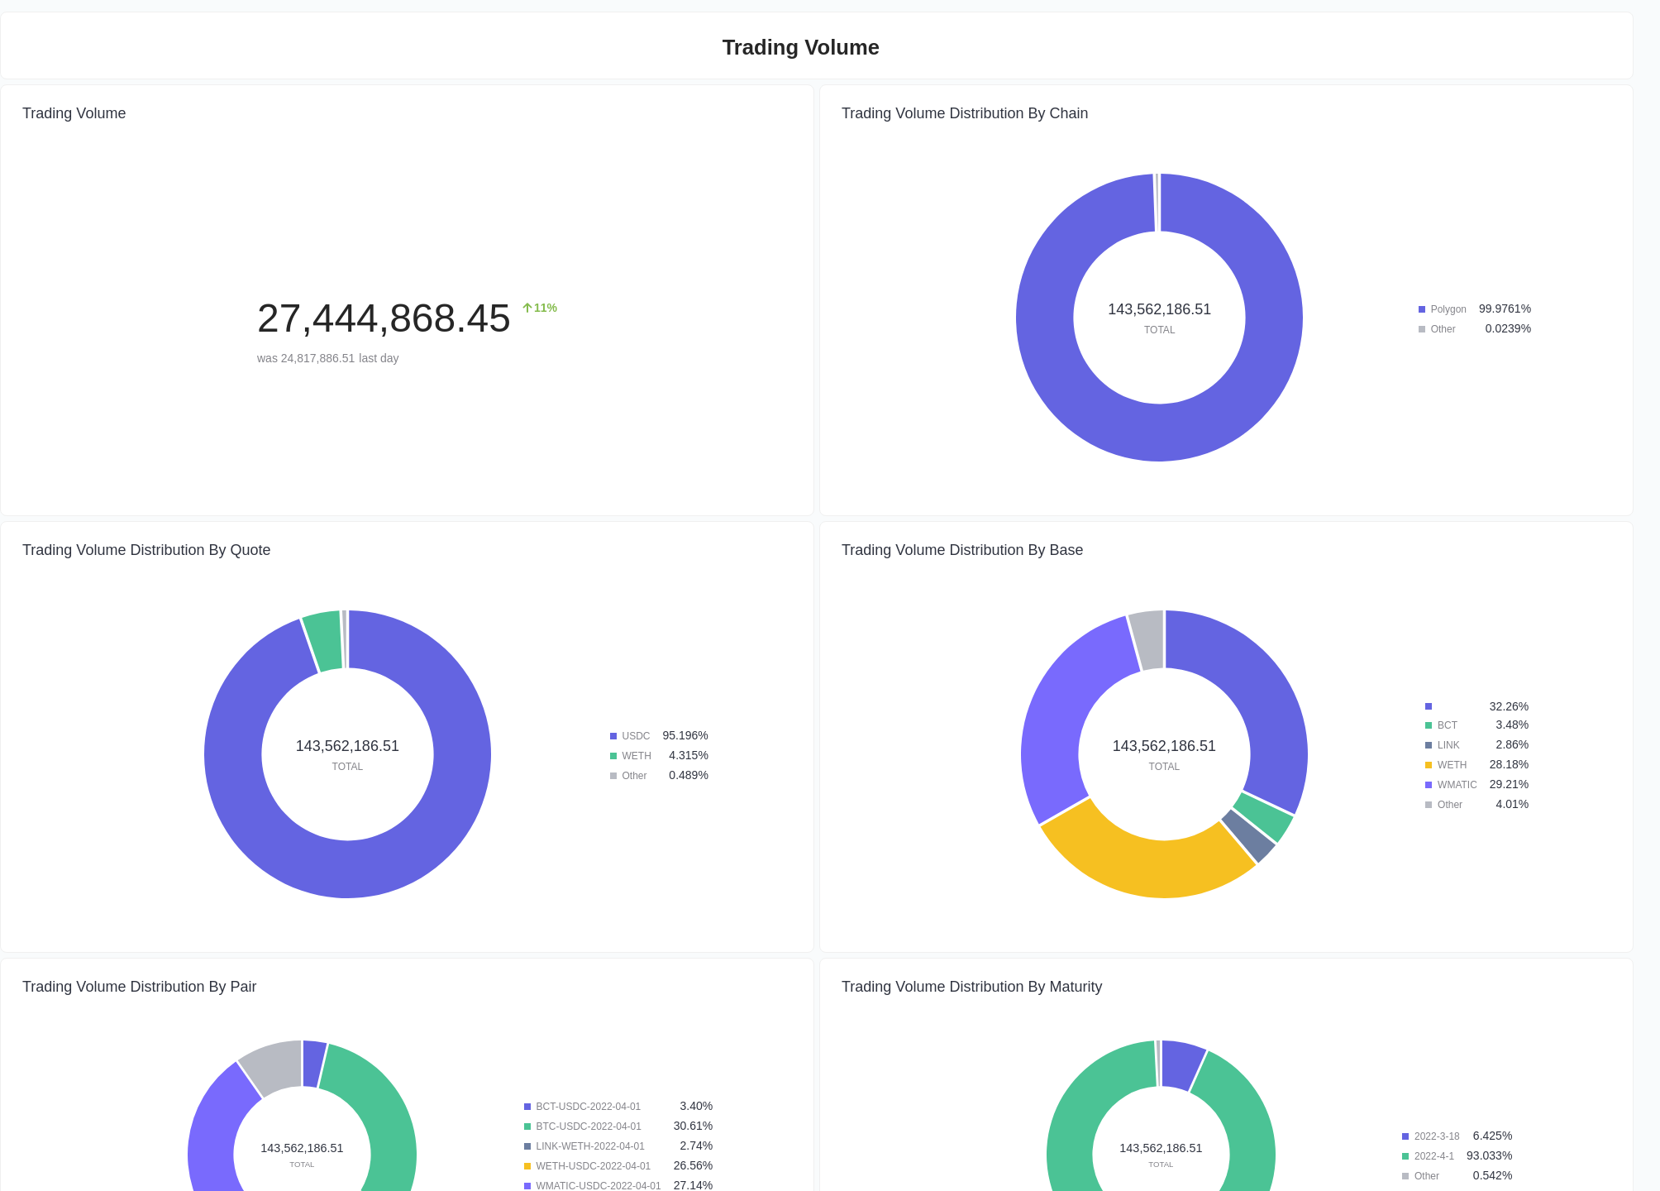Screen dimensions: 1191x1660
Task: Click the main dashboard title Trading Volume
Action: [800, 47]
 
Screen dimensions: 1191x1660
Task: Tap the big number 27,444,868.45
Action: [384, 318]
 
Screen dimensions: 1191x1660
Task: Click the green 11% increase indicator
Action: [540, 308]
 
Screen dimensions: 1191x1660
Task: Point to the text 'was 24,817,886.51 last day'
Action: [327, 358]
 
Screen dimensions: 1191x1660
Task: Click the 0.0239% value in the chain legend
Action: [1507, 328]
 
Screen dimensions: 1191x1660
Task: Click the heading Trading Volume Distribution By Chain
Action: [964, 113]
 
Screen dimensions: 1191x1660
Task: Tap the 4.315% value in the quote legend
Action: [688, 755]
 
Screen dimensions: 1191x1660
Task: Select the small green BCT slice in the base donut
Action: [1264, 817]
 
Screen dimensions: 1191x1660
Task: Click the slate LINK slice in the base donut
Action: [1249, 835]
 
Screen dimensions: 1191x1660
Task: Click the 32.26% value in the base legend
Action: [1508, 706]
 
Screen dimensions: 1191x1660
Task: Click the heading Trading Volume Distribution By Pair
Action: [139, 987]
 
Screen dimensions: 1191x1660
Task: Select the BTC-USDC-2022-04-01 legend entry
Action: [588, 1126]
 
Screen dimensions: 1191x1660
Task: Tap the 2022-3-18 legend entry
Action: [1436, 1136]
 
